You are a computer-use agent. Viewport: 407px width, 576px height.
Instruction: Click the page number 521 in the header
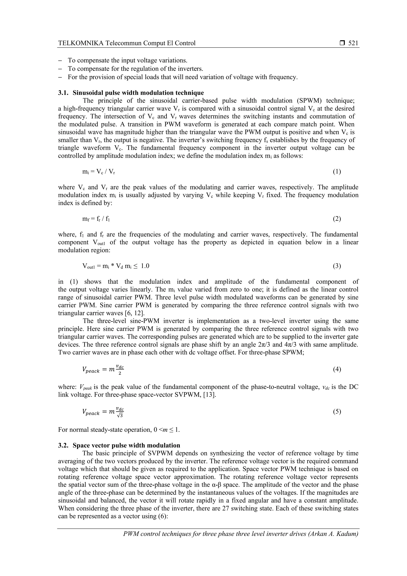point(353,43)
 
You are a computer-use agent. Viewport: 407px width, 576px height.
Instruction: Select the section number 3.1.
point(63,93)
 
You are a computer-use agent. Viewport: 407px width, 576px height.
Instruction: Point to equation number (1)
point(337,172)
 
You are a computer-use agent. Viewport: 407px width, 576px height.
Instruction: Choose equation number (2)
point(337,219)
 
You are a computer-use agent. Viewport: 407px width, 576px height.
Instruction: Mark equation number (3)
point(337,266)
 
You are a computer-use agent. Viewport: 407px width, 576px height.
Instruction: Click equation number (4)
point(337,369)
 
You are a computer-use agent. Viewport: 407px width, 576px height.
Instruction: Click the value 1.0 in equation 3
point(145,266)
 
